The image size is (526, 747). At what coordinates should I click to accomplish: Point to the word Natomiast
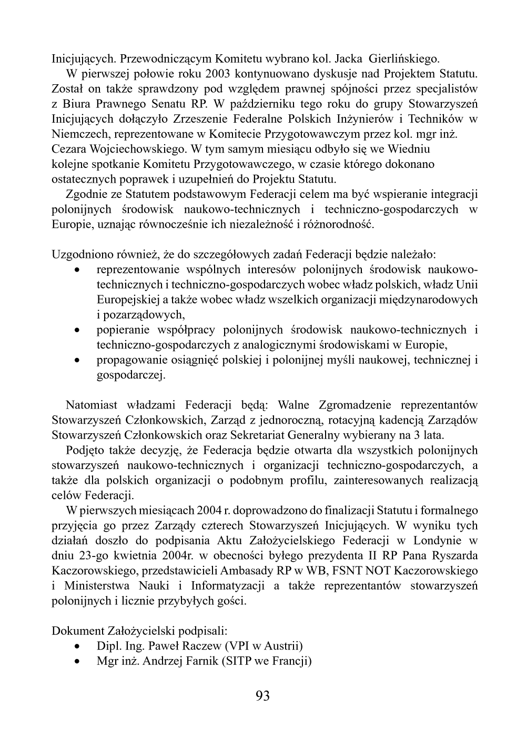pos(93,405)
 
